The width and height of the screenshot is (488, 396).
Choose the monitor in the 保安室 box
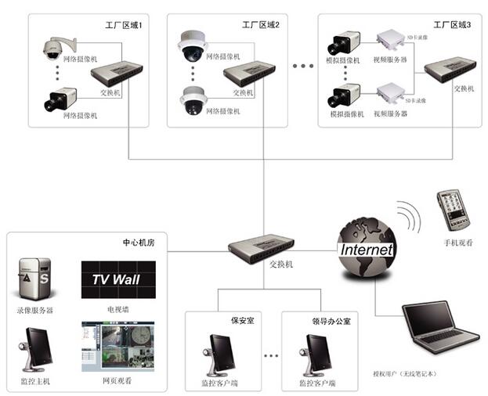click(219, 353)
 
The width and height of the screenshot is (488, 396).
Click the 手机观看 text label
click(457, 243)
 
